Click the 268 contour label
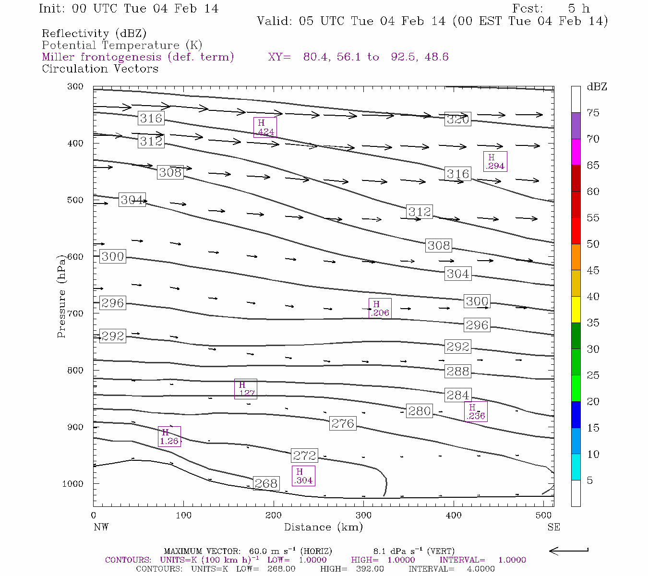[266, 483]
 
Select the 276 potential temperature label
[343, 423]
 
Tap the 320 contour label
[457, 120]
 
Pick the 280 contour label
[420, 411]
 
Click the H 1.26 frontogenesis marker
[169, 436]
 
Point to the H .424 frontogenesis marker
[265, 127]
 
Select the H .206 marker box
[380, 308]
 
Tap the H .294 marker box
[495, 161]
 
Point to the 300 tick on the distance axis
[364, 515]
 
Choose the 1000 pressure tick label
[72, 484]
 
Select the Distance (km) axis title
[323, 527]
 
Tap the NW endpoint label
[101, 527]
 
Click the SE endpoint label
[553, 527]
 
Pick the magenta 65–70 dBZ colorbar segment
[576, 152]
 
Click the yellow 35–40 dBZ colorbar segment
[576, 310]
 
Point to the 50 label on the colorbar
[593, 244]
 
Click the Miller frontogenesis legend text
[138, 57]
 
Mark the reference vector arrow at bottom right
[569, 551]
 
